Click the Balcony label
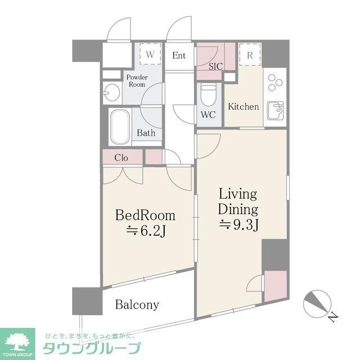point(137,305)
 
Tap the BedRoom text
point(145,215)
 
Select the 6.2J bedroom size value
point(145,231)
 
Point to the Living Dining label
point(238,202)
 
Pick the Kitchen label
point(243,106)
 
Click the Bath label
point(146,134)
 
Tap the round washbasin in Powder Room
point(112,92)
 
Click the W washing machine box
point(150,55)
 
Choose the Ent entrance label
point(179,55)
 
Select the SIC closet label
point(215,66)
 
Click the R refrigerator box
point(249,55)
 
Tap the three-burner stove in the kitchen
point(275,82)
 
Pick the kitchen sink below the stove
point(276,110)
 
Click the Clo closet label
point(121,157)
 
